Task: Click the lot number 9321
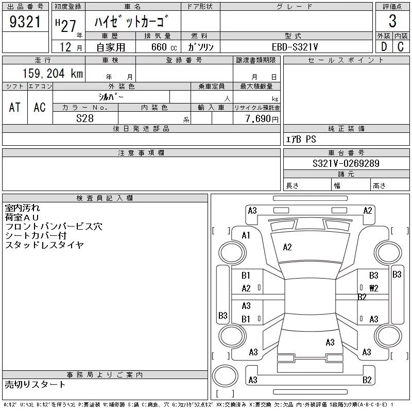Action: (x=26, y=22)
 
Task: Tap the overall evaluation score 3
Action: (x=392, y=22)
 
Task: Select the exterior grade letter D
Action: (x=383, y=46)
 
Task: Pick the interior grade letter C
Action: (x=401, y=46)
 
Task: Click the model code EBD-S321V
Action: (x=296, y=47)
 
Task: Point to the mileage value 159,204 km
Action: (x=52, y=74)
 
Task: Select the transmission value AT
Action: (x=15, y=107)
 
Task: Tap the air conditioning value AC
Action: (x=40, y=107)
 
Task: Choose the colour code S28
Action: (x=85, y=118)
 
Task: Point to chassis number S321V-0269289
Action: (x=346, y=164)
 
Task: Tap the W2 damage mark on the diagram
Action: (x=373, y=288)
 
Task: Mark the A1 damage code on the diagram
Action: (x=246, y=235)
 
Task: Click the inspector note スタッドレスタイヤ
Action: (x=44, y=245)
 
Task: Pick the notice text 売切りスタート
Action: (x=36, y=384)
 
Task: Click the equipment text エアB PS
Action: (x=301, y=140)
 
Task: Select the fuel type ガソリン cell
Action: (x=201, y=47)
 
